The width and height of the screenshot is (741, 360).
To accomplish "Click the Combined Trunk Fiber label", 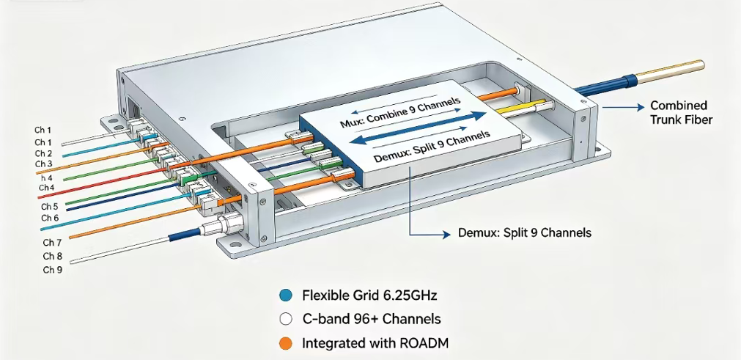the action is (681, 112).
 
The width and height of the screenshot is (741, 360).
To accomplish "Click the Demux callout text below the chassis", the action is (525, 233).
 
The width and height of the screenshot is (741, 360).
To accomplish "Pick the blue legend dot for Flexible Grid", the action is (285, 295).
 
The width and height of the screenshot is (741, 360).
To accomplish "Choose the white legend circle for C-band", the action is (285, 320).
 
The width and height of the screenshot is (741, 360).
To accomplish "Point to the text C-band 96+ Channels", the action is (372, 320).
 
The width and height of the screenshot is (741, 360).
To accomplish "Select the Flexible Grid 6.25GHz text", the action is (369, 295).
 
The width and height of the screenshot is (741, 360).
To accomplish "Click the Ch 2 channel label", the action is (43, 153).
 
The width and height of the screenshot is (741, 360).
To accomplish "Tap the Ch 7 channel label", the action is (52, 243).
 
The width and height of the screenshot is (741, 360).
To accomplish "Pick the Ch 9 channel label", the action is (53, 271).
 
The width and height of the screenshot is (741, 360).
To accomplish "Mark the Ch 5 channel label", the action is (50, 207).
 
